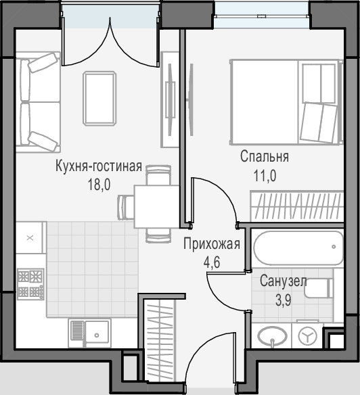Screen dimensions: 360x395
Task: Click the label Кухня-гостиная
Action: [99, 166]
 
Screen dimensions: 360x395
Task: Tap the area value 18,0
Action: [99, 185]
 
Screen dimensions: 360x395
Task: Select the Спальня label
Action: [265, 157]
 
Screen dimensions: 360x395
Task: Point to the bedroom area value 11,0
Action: [265, 176]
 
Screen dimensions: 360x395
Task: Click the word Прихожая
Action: [212, 244]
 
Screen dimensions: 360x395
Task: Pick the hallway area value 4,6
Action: [212, 262]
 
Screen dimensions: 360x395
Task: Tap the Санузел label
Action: [284, 281]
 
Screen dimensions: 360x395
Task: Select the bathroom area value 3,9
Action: [284, 300]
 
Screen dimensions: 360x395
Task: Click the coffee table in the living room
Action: [99, 99]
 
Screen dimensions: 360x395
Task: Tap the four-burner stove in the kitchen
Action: [30, 284]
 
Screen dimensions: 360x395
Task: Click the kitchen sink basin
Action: [97, 333]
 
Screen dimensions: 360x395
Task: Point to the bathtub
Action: [298, 248]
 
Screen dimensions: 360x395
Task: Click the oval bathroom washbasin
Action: [272, 335]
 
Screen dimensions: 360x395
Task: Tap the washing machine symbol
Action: [307, 335]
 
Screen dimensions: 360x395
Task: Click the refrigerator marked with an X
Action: [30, 237]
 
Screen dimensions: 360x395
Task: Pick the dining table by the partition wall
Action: [157, 206]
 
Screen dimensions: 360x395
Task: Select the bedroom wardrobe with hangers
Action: [297, 206]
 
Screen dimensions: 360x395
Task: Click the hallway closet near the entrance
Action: [160, 340]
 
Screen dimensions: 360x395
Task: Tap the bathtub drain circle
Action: [334, 247]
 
